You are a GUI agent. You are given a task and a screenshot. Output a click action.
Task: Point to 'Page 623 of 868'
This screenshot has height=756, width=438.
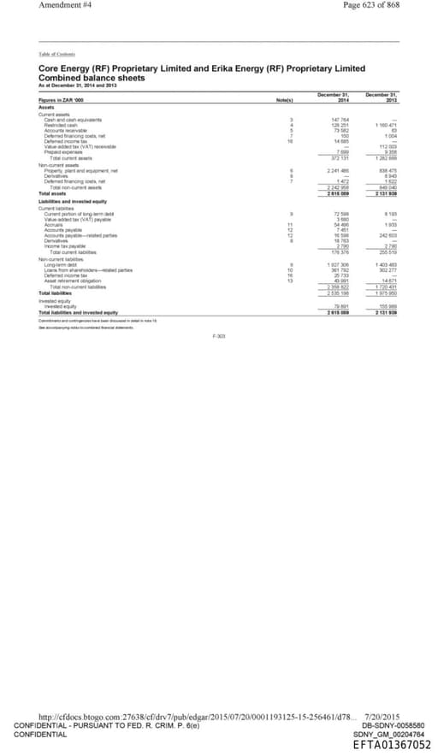[x=371, y=5]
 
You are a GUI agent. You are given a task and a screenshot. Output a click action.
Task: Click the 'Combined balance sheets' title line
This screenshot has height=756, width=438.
[x=92, y=78]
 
